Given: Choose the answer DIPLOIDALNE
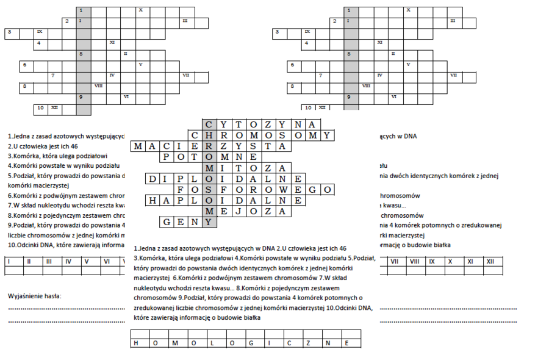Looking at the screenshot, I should (224, 179).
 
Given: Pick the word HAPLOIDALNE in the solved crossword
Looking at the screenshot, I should (224, 200).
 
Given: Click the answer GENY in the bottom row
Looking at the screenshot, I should (188, 222).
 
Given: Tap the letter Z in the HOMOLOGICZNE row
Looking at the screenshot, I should (309, 343).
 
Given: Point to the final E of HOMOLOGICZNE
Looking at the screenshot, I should (348, 343).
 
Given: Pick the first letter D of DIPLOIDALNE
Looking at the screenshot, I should (152, 179).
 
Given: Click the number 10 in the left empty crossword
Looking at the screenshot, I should (40, 108).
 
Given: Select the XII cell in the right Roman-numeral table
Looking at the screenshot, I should (490, 261).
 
